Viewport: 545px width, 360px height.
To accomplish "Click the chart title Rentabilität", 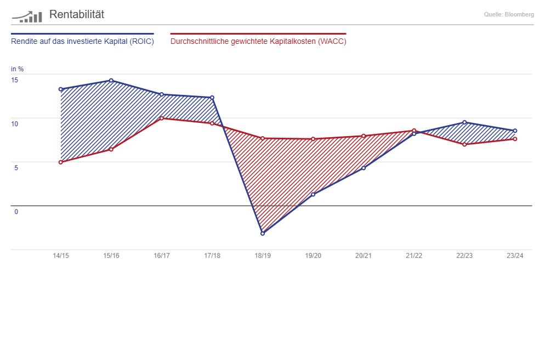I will point(76,15).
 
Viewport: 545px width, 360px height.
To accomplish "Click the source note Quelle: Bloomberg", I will point(509,15).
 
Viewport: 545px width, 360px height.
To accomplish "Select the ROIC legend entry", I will point(82,41).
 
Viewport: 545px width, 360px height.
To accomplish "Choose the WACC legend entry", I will point(258,41).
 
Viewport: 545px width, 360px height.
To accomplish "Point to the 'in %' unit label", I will point(17,69).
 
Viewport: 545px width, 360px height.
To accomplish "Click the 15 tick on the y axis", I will point(14,80).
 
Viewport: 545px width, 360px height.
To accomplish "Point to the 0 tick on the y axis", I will point(16,212).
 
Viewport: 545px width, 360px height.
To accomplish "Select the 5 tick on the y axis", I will point(16,168).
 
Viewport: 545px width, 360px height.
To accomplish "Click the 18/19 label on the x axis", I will point(263,256).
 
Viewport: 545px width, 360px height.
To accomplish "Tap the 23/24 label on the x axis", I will point(515,256).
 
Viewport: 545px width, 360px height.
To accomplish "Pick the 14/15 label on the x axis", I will point(61,256).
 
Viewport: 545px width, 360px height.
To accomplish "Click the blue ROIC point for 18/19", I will point(263,233).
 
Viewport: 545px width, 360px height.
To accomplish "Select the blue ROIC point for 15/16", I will point(111,81).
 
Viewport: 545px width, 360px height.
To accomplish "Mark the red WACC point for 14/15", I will point(61,162).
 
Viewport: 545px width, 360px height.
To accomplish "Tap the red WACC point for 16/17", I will point(162,118).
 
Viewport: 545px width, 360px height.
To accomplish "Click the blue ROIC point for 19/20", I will point(313,194).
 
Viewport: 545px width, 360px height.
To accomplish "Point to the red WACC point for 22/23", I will point(464,144).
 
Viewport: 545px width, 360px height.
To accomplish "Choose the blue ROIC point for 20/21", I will point(364,168).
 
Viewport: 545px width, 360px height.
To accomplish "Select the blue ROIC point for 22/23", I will point(464,122).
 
